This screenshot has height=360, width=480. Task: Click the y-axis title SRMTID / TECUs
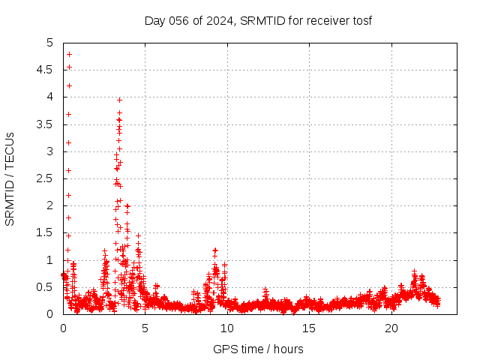(x=10, y=178)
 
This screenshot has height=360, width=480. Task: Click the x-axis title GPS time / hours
(x=258, y=349)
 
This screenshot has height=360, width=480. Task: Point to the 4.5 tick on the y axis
(x=46, y=70)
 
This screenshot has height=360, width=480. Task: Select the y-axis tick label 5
(x=50, y=43)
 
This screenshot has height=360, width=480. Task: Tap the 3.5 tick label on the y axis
(x=46, y=124)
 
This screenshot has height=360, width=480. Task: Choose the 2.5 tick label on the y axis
(x=46, y=178)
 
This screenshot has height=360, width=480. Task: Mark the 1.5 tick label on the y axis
(x=46, y=233)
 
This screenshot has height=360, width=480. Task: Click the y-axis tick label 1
(x=50, y=260)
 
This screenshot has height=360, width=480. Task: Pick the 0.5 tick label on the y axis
(x=46, y=287)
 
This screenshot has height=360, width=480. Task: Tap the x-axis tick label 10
(x=227, y=328)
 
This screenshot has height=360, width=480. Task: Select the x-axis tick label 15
(x=309, y=328)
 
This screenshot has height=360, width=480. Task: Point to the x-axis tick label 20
(x=391, y=328)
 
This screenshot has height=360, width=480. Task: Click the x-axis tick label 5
(x=145, y=328)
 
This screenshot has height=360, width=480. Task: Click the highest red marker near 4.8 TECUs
(x=69, y=54)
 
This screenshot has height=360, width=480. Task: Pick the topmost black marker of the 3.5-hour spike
(x=119, y=100)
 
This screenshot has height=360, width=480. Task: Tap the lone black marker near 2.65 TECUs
(x=68, y=170)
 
